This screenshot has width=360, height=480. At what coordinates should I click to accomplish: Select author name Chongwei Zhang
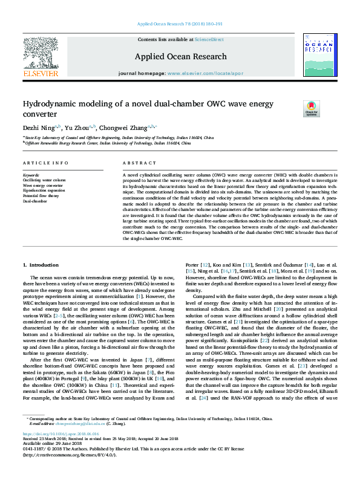point(131,127)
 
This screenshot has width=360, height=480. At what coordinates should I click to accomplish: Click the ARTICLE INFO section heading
point(45,164)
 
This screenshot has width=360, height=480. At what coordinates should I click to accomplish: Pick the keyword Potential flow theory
point(41,196)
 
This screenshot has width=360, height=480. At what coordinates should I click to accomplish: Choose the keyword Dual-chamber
point(35,201)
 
